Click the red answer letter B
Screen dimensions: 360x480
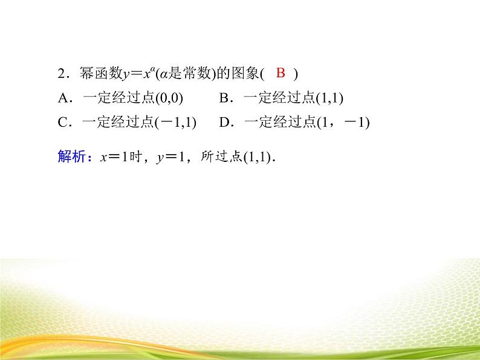(280, 74)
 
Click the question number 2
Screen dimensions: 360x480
(61, 74)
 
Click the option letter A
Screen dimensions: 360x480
(62, 98)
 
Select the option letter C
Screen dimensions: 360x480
(62, 123)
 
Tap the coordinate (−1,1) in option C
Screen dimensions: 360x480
(176, 123)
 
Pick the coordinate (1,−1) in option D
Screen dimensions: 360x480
(343, 123)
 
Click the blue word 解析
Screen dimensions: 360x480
(71, 157)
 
